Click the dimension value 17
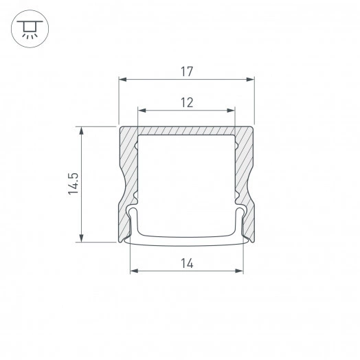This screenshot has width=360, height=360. (186, 71)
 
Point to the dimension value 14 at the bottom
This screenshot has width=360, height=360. (186, 262)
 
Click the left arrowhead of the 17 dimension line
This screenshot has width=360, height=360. (122, 80)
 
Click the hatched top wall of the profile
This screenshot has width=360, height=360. (186, 131)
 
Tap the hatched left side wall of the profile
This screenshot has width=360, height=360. (128, 165)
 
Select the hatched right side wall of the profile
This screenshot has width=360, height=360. (245, 165)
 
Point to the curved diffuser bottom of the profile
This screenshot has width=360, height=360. (186, 240)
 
